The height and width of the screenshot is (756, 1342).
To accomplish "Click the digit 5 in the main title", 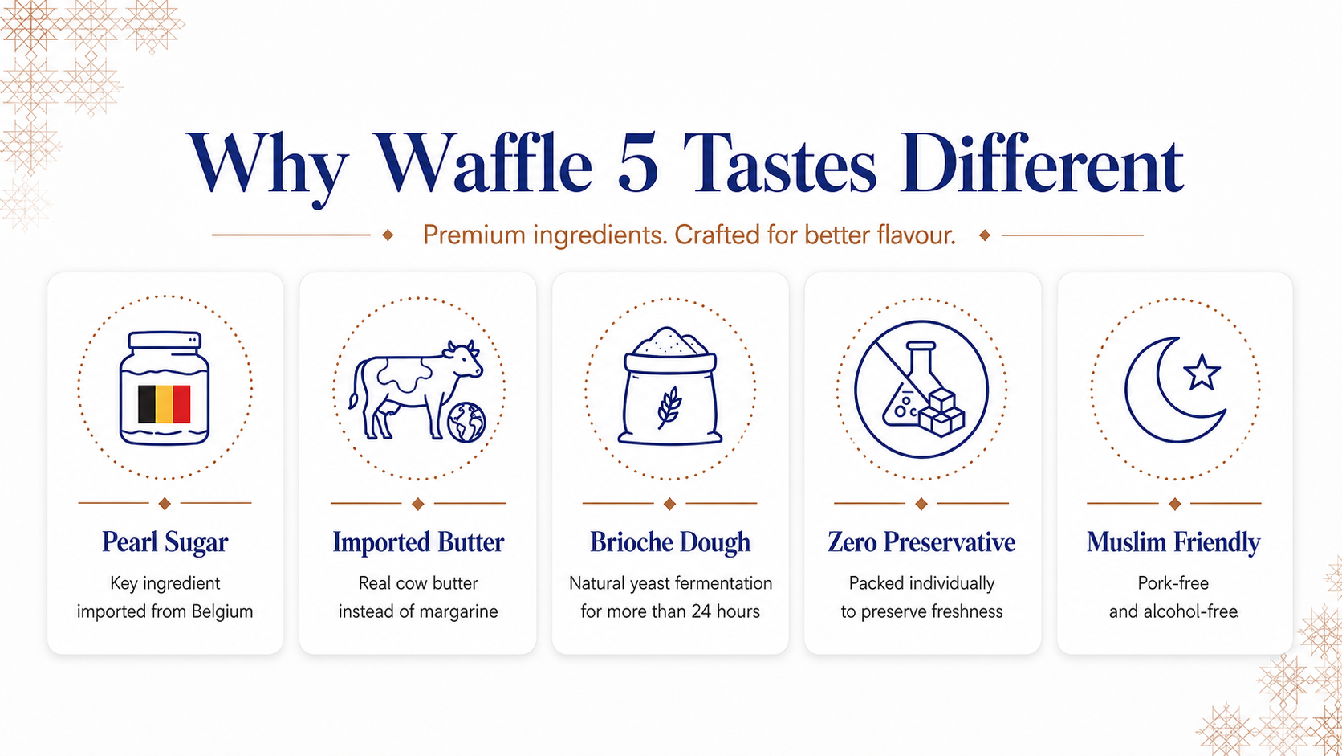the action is [x=637, y=164].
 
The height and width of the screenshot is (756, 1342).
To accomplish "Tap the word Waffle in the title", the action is [x=482, y=161].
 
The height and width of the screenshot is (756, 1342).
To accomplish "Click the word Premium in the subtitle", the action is [x=474, y=235].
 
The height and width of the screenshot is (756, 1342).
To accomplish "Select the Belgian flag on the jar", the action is [x=165, y=404].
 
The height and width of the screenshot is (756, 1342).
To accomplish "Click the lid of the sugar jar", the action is [x=165, y=339].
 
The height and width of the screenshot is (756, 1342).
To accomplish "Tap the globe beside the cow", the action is [x=466, y=422].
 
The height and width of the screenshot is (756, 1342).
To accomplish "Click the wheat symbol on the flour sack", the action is [x=669, y=407].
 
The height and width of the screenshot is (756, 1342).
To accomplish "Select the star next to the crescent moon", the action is [x=1202, y=372].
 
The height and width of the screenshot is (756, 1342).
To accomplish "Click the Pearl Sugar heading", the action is [x=165, y=542].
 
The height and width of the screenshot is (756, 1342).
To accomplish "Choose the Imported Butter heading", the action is [x=418, y=542].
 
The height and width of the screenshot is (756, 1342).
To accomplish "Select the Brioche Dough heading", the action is [x=670, y=542].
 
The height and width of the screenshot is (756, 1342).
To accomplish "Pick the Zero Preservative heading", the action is [x=921, y=542].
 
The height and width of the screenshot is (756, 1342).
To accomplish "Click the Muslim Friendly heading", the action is [x=1173, y=542].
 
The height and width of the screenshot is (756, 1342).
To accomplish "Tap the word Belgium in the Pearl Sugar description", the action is [x=222, y=612].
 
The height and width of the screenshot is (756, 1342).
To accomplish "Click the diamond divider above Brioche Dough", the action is [x=670, y=504].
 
